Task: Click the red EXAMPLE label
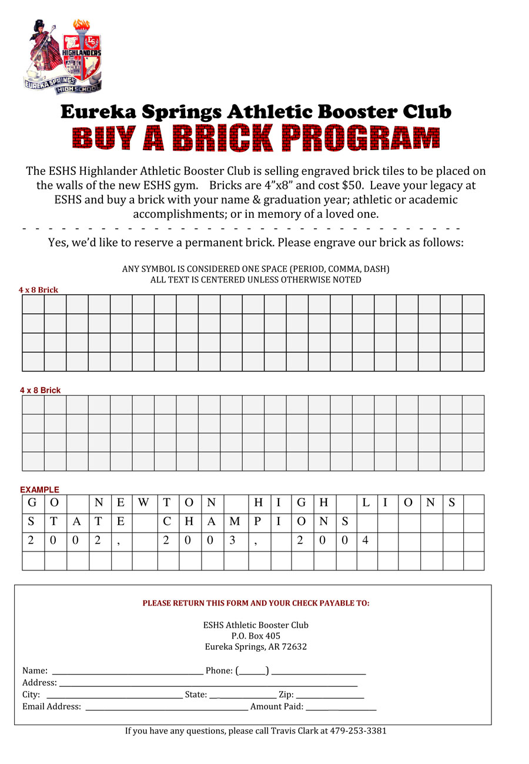click(x=39, y=489)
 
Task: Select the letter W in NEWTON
click(x=143, y=503)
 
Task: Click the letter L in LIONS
click(x=366, y=503)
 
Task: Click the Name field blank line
click(x=128, y=672)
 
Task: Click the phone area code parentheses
click(x=252, y=670)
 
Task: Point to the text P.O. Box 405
click(x=256, y=636)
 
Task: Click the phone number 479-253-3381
click(x=358, y=730)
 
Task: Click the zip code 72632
click(x=294, y=646)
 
